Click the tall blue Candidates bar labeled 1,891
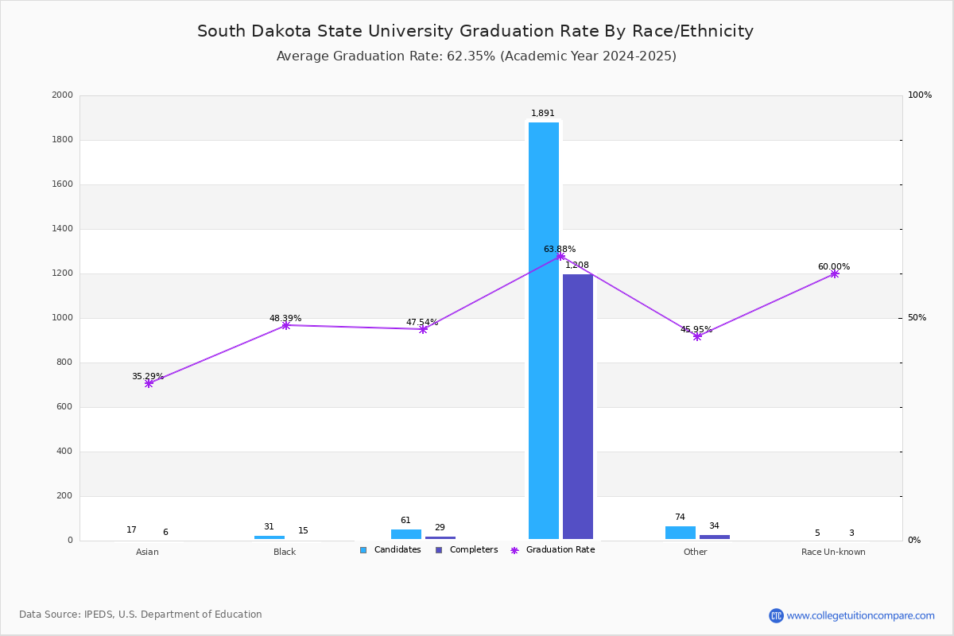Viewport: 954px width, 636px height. point(544,331)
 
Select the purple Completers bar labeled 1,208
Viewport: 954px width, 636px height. point(578,406)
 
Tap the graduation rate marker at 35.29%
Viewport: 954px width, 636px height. point(149,383)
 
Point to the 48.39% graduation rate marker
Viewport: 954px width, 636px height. point(285,325)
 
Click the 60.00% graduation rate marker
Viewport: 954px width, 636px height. point(834,273)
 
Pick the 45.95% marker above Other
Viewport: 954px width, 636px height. point(697,336)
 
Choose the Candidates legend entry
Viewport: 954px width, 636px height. point(390,550)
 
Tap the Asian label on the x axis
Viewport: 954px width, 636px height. point(147,552)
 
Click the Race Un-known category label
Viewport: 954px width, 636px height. point(833,552)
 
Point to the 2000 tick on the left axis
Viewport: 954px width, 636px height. point(62,95)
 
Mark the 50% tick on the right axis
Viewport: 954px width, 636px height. point(917,318)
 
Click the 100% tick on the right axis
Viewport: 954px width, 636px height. point(919,95)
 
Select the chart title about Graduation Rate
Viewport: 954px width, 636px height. point(475,31)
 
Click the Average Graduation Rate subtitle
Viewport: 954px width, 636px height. point(476,56)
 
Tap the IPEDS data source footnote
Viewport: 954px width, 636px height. point(141,615)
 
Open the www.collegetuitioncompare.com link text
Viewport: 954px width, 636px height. point(860,615)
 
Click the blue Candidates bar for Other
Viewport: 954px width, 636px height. point(680,533)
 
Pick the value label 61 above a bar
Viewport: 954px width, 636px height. point(405,521)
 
